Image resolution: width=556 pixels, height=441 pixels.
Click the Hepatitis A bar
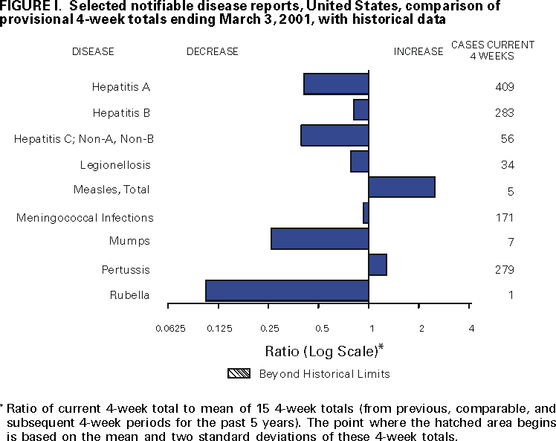coord(336,84)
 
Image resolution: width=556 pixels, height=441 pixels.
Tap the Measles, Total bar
coord(401,187)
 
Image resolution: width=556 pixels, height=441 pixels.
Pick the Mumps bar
coord(320,239)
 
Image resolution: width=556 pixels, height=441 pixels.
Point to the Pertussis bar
coord(378,265)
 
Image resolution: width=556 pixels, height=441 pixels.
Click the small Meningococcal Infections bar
coord(366,213)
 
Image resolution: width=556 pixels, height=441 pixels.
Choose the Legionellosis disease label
coord(115,165)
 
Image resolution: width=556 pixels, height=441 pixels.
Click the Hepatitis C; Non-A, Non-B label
coord(84,139)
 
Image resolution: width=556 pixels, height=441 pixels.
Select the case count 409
coord(505,88)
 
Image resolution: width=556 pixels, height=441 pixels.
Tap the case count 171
coord(505,219)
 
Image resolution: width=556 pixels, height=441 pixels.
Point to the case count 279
coord(505,269)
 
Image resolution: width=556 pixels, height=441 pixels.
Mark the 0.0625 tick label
coord(170,329)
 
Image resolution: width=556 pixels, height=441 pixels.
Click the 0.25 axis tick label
coord(269,329)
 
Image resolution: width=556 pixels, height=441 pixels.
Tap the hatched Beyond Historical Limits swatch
coord(239,374)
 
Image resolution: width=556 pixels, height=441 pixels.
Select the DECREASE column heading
coord(213,51)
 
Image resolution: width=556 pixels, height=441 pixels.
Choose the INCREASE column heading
coord(418,51)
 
